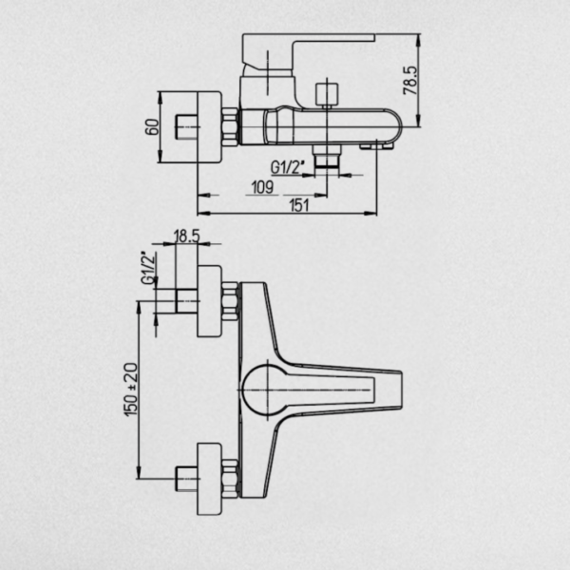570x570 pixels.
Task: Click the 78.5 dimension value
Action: tap(410, 81)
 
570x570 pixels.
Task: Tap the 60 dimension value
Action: tap(152, 127)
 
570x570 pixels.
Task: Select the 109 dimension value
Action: tap(262, 187)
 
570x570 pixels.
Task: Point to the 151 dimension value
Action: tap(299, 205)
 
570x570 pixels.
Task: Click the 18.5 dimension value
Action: tap(187, 237)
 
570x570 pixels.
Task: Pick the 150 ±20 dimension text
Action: tap(131, 389)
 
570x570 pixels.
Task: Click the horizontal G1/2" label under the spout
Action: tap(287, 167)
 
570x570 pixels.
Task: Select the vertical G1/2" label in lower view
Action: tap(149, 268)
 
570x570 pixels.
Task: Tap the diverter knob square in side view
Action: tap(327, 94)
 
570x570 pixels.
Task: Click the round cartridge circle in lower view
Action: tap(267, 389)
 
